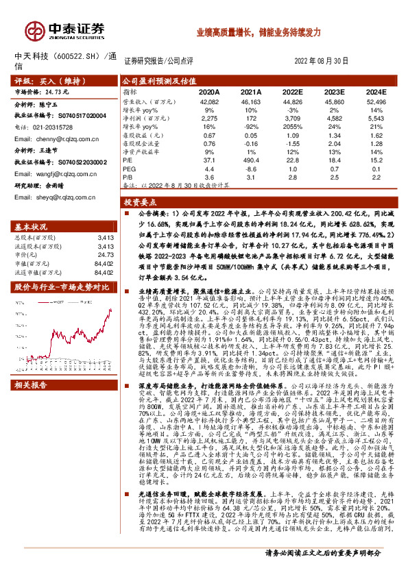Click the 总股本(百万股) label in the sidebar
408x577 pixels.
click(x=35, y=238)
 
